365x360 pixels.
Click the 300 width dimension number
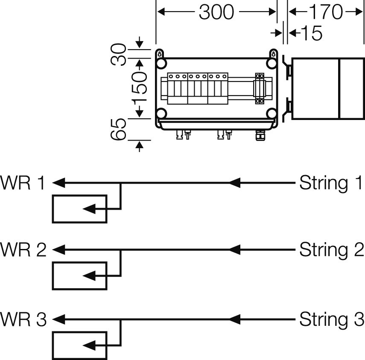coord(216,12)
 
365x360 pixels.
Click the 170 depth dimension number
coord(326,12)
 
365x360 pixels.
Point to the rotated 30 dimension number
coord(119,54)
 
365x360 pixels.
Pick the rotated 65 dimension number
coord(119,129)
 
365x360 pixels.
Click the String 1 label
coord(331,183)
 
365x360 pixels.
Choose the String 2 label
coord(331,250)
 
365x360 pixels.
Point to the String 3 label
coord(331,319)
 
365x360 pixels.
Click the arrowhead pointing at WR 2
coord(58,250)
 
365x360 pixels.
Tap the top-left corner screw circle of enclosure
coord(161,64)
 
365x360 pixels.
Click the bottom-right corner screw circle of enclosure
coord(272,114)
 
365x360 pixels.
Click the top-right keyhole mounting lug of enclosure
coord(273,54)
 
